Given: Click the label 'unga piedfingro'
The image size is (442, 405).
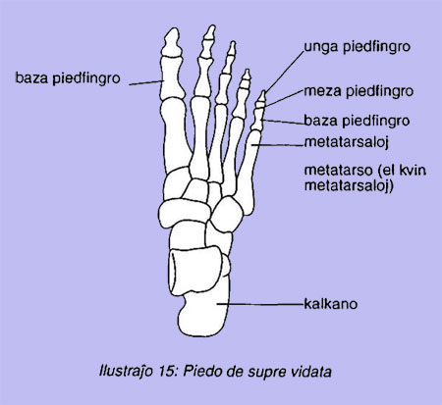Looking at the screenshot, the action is pyautogui.click(x=358, y=47).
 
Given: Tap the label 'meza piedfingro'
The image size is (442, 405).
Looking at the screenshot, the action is pyautogui.click(x=359, y=91).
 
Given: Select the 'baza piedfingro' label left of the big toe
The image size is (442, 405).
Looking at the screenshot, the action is pyautogui.click(x=68, y=78).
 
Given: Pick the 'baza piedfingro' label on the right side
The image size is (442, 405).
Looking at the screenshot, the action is pyautogui.click(x=357, y=121).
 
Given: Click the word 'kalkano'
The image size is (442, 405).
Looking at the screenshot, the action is pyautogui.click(x=331, y=304).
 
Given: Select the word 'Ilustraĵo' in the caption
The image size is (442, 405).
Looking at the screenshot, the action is pyautogui.click(x=126, y=372).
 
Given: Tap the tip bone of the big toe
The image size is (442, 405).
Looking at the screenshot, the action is pyautogui.click(x=172, y=42).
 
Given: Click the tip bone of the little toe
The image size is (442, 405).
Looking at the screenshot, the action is pyautogui.click(x=261, y=96).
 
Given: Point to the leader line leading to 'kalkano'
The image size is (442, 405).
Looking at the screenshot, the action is pyautogui.click(x=260, y=304).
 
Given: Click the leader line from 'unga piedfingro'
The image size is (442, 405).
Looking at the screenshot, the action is pyautogui.click(x=285, y=72).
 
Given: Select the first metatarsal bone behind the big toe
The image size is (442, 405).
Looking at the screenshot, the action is pyautogui.click(x=174, y=135).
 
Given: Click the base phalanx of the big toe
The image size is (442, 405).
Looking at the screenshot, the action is pyautogui.click(x=172, y=77).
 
